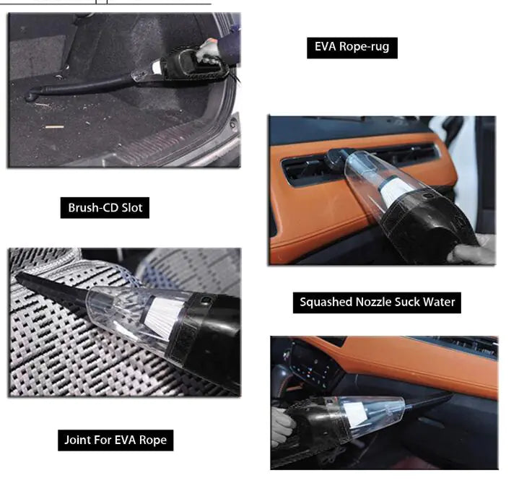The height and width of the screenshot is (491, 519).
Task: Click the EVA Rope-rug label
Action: pyautogui.click(x=352, y=48)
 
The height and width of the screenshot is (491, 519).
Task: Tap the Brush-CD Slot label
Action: pyautogui.click(x=105, y=208)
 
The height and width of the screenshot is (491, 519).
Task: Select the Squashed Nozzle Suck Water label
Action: pyautogui.click(x=378, y=302)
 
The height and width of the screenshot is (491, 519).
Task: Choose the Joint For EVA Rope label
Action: pyautogui.click(x=115, y=440)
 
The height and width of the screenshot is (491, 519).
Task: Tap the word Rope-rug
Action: pyautogui.click(x=366, y=48)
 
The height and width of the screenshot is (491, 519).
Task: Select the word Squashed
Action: pyautogui.click(x=324, y=302)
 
